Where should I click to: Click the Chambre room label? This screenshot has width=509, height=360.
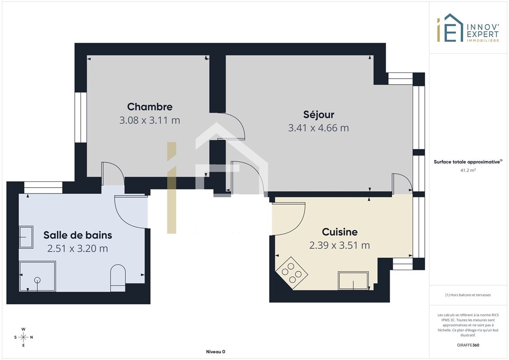(x=150, y=107)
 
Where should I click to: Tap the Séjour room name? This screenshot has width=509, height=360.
(x=319, y=115)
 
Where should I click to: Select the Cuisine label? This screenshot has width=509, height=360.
(x=339, y=232)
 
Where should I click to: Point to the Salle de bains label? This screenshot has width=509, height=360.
(x=77, y=235)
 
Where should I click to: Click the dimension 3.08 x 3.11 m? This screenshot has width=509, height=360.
(x=150, y=120)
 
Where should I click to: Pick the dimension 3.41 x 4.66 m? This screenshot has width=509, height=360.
(x=319, y=128)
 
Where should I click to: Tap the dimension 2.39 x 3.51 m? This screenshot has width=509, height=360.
(x=339, y=245)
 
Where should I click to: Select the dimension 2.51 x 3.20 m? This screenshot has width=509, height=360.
(x=77, y=249)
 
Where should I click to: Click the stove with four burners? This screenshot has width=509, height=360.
(x=292, y=273)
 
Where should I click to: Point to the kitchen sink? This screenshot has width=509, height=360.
(x=353, y=280)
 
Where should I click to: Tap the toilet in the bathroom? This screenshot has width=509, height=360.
(x=118, y=278)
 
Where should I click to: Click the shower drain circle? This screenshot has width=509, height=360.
(x=37, y=280)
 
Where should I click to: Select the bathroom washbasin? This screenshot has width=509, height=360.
(x=26, y=237)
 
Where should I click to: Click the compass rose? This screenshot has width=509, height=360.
(x=23, y=337)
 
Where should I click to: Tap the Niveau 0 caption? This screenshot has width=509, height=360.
(x=216, y=351)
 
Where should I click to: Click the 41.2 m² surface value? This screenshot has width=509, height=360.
(x=468, y=170)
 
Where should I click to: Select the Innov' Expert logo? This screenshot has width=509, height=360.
(x=468, y=28)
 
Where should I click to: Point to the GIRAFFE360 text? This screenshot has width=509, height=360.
(x=468, y=345)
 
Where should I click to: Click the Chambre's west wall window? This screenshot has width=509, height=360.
(x=81, y=117)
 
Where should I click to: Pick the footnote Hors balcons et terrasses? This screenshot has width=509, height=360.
(x=468, y=295)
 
